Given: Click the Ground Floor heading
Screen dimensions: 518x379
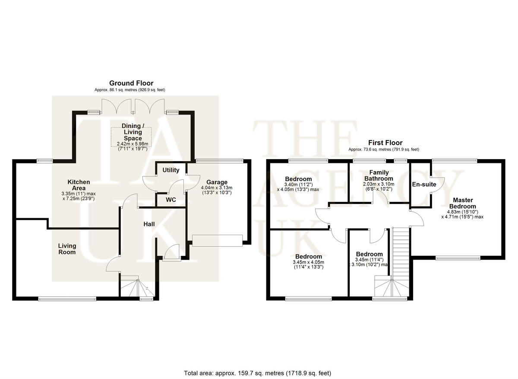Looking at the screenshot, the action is coord(131,83).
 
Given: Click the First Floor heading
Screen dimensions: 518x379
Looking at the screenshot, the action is coord(385,143).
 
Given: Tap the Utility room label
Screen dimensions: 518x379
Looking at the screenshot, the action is coord(171,170).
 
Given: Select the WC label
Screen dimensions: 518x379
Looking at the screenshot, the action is coord(171,200).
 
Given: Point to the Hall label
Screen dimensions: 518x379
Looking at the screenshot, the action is coord(149,224).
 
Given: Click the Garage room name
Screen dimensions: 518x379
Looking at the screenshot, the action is coord(217,182).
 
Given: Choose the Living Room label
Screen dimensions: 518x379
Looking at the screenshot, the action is coord(67,249).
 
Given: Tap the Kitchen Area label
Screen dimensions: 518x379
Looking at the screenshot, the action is coord(79,185).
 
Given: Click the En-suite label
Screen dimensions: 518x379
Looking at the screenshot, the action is coord(424,184).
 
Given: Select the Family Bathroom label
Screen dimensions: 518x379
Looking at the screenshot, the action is coord(379,175).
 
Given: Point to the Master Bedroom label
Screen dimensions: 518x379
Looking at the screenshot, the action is coord(463,203).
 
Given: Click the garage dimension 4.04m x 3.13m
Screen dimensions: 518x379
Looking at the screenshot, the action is coord(217,188).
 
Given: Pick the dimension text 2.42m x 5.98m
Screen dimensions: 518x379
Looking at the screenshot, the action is coord(133,144).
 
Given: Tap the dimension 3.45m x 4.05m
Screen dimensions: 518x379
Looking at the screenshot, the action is coord(309,262).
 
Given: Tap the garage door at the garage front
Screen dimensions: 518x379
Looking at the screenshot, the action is coord(217,241).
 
